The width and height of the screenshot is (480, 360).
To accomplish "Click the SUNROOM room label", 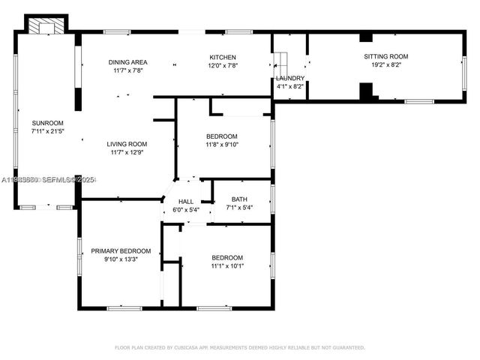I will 47,123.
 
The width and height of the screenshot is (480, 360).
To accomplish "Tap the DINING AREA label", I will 128,62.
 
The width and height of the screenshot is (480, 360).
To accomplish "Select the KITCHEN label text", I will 223,58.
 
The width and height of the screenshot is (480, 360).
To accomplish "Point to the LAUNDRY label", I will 289,78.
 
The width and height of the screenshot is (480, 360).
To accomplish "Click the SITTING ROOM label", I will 385,57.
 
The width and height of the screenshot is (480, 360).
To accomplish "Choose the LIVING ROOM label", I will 126,144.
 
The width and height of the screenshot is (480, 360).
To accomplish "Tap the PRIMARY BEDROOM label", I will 121,251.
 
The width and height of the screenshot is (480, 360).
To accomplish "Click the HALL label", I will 186,202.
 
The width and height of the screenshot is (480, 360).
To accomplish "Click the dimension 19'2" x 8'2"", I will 385,65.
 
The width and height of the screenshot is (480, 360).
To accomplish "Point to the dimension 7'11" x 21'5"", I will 47,131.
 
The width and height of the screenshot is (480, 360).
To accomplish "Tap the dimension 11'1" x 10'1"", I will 226,265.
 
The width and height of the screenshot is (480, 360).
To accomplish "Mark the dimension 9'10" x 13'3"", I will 121,259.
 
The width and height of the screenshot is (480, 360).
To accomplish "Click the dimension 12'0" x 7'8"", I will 223,66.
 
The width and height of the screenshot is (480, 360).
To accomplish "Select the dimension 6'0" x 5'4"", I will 186,210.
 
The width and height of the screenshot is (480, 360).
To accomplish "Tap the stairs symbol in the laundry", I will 280,60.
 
